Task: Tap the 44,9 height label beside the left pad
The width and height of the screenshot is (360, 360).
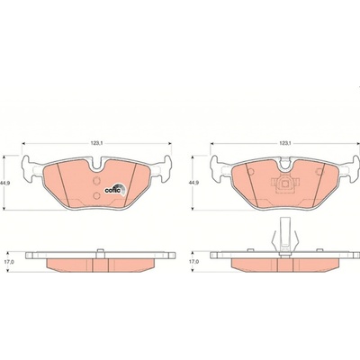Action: pyautogui.click(x=5, y=184)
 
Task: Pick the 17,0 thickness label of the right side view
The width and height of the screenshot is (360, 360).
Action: pyautogui.click(x=194, y=262)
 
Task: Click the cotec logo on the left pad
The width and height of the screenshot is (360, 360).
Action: pyautogui.click(x=114, y=190)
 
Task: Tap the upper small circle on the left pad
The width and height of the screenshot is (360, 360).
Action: pyautogui.click(x=96, y=181)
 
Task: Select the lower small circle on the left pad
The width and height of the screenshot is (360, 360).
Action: pyautogui.click(x=96, y=196)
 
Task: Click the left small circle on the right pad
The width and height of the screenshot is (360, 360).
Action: pyautogui.click(x=251, y=172)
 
